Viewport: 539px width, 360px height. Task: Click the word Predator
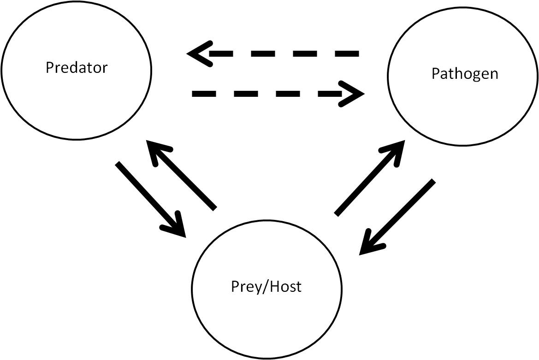point(77,68)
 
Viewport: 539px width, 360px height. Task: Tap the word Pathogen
point(465,74)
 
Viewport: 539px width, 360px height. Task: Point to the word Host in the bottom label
point(285,286)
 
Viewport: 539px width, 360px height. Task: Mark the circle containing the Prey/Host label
point(267,323)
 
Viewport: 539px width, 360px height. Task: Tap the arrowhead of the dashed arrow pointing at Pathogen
point(355,94)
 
